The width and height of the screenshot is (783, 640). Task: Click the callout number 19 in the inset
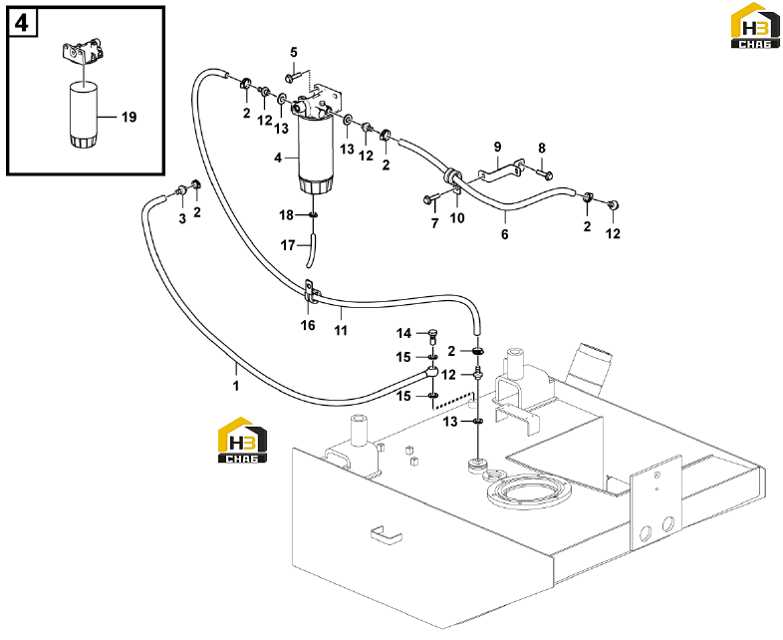[129, 117]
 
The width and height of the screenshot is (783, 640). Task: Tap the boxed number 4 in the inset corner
[22, 23]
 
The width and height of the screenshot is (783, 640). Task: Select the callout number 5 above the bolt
[294, 52]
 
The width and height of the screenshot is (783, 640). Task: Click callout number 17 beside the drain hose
[288, 245]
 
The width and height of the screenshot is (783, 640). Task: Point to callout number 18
[286, 215]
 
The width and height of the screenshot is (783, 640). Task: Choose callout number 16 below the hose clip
[308, 325]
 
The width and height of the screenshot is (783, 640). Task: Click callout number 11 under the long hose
[341, 330]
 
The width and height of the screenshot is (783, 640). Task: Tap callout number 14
[404, 333]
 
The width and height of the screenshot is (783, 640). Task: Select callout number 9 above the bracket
[497, 147]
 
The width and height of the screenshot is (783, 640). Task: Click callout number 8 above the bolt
[542, 149]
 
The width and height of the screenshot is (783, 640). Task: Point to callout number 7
[434, 223]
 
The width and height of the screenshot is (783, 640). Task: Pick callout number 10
[457, 218]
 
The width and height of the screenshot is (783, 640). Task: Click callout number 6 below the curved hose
[505, 234]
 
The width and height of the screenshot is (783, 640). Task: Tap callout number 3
[182, 219]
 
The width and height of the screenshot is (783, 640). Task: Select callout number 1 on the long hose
[236, 386]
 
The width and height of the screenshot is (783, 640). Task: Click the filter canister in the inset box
[82, 115]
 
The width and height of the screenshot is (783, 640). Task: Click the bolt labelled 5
[292, 78]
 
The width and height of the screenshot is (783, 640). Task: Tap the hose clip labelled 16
[310, 292]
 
